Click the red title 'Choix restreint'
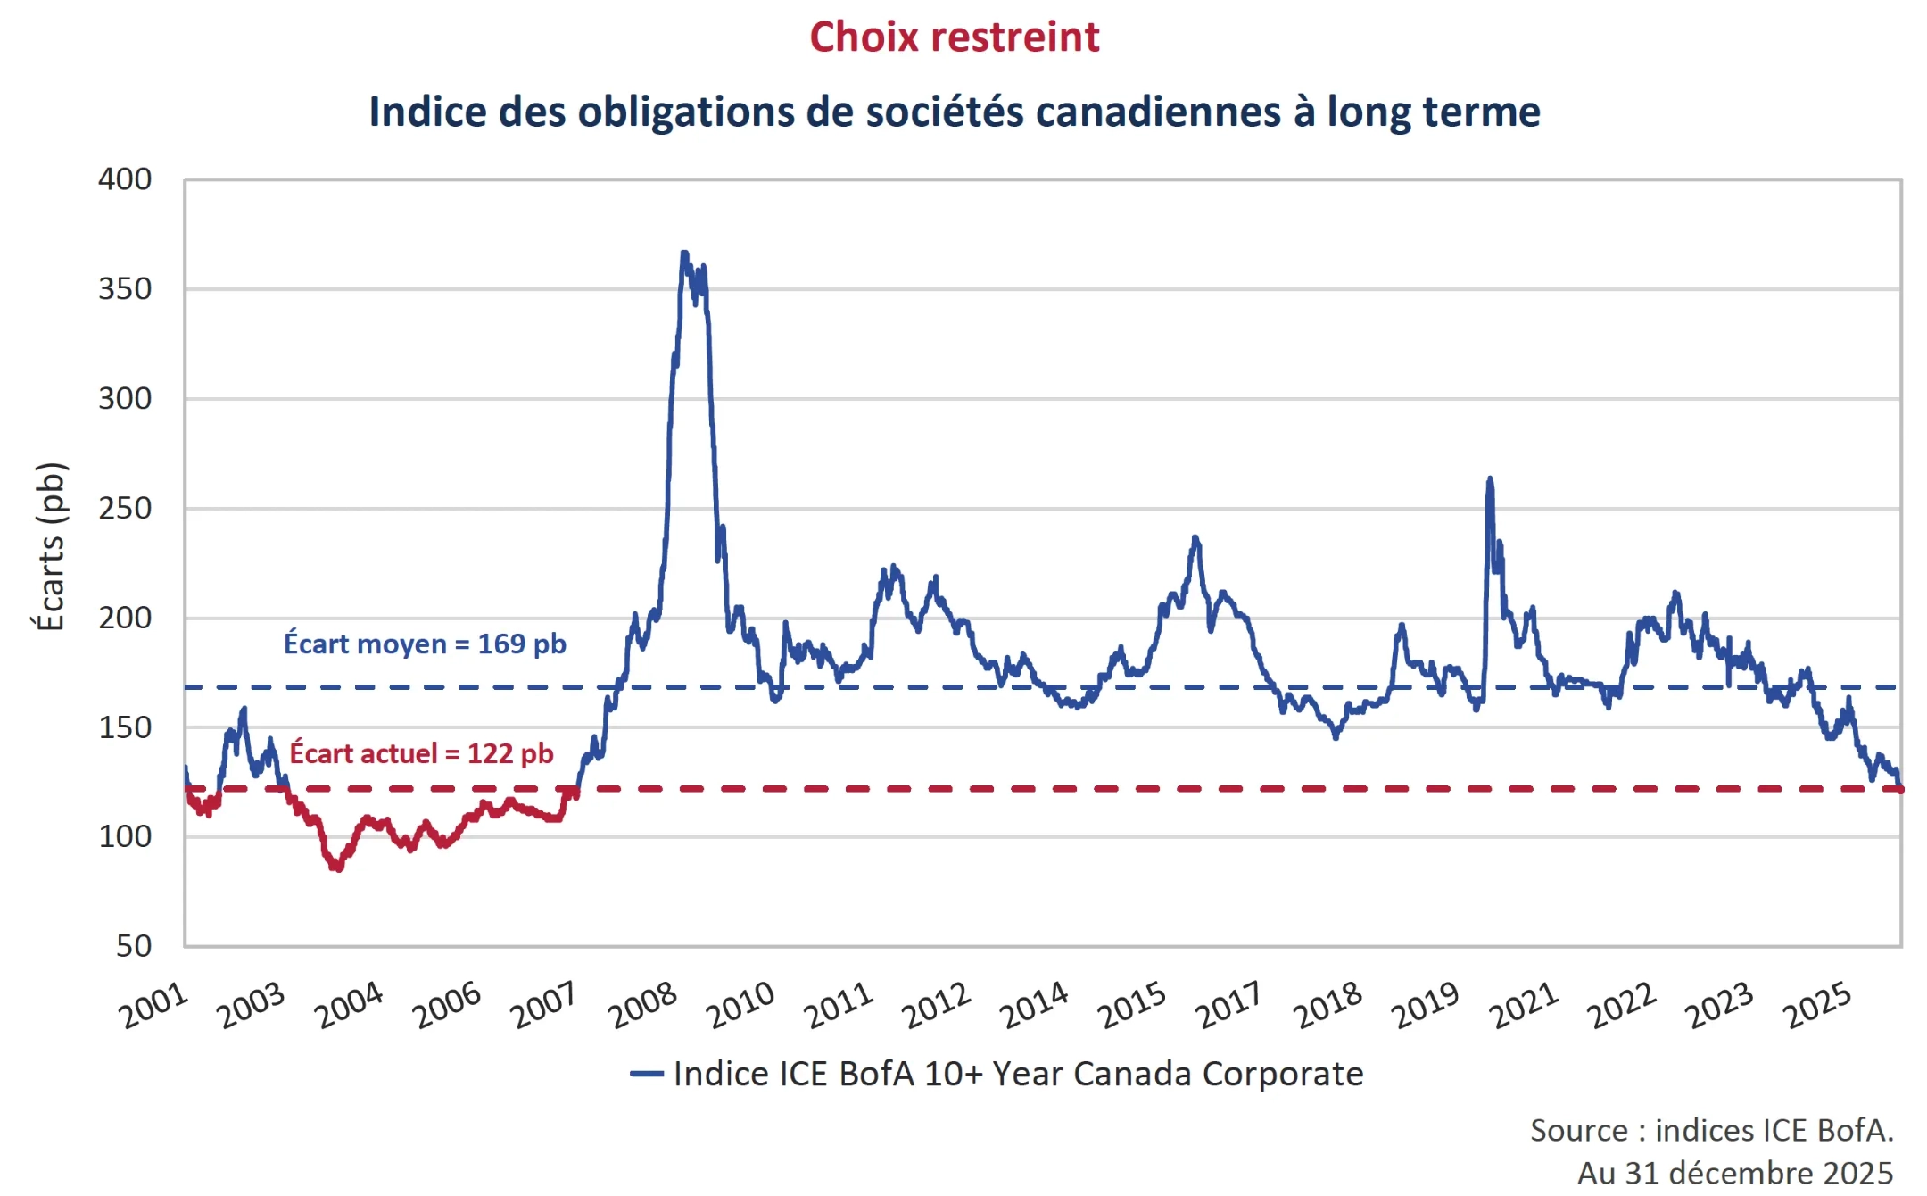coord(954,37)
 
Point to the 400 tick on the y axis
coord(125,179)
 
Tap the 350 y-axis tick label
coord(125,289)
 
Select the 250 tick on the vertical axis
coord(125,509)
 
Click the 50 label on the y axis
coord(134,946)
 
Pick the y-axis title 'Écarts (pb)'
coord(51,546)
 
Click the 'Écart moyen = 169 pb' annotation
coord(425,644)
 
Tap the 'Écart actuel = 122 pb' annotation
coord(421,753)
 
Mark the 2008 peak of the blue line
coord(684,253)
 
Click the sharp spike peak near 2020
coord(1489,479)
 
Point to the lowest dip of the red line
coord(338,868)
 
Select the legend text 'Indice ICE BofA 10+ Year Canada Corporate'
coord(1018,1074)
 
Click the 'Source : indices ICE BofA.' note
coord(1711,1131)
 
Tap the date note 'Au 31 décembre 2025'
coord(1734,1173)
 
